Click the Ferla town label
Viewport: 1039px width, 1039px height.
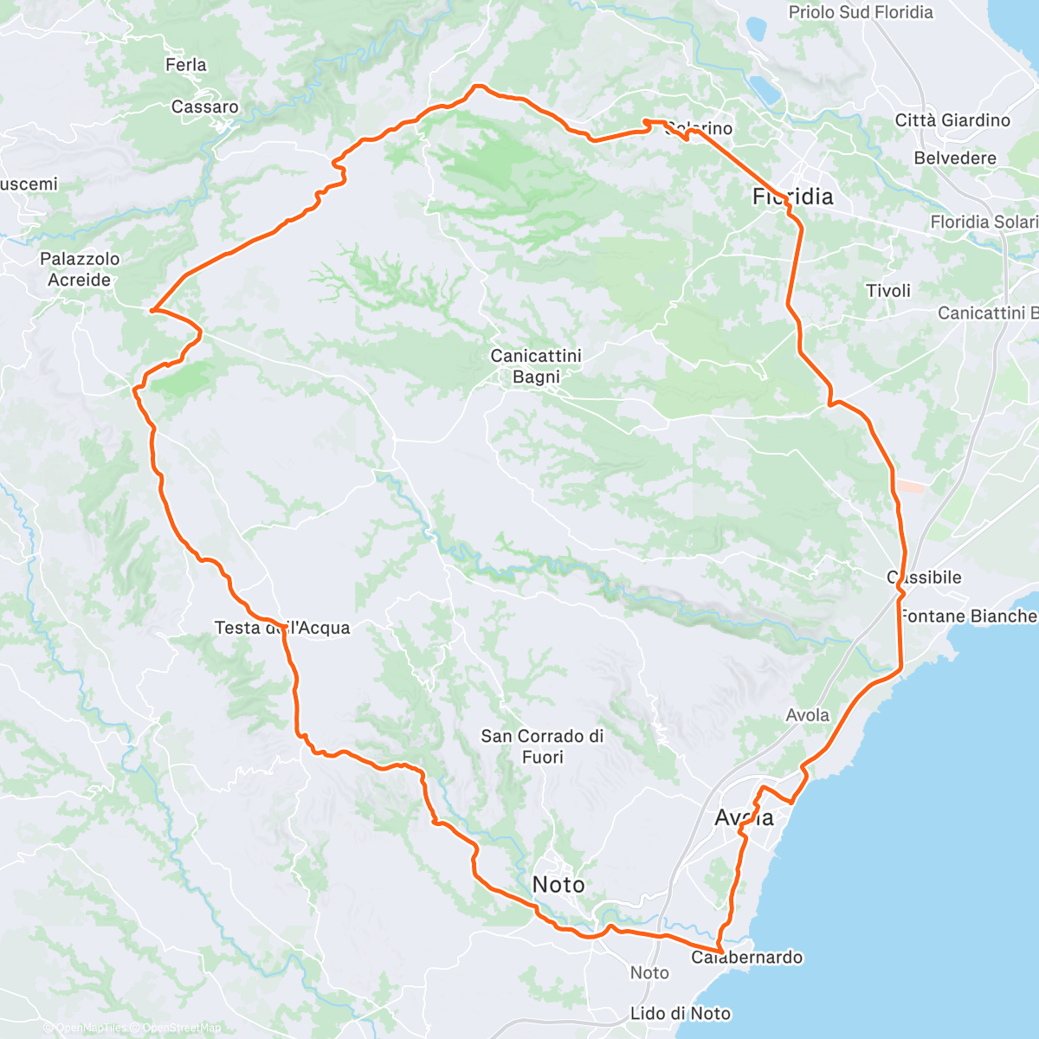(186, 65)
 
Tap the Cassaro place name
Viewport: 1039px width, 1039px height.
(205, 107)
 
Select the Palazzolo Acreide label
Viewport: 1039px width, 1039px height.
(80, 269)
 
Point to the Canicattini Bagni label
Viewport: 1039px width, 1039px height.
(536, 366)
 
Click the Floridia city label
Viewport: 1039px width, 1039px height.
(793, 197)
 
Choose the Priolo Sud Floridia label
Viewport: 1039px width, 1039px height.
(861, 12)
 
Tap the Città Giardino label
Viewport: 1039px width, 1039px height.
(952, 120)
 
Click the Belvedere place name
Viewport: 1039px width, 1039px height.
(955, 158)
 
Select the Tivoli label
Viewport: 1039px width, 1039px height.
(888, 291)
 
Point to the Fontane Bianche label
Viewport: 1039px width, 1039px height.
(968, 616)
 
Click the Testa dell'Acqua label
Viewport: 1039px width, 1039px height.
(282, 628)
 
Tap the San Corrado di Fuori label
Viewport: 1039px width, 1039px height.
(542, 746)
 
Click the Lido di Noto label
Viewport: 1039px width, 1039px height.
(681, 1013)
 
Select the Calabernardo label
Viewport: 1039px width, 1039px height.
(747, 958)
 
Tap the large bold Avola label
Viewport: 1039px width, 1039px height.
(745, 817)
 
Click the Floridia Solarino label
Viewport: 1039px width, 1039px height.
(984, 223)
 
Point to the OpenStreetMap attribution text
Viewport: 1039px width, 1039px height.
(181, 1028)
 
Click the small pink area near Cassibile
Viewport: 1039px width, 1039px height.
(910, 487)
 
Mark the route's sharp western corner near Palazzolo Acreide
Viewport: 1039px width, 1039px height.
(152, 309)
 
